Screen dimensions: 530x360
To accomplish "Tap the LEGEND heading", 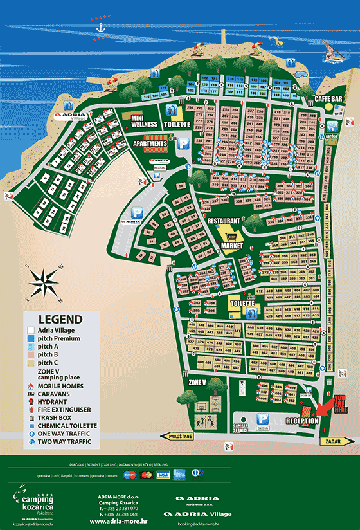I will (60, 319).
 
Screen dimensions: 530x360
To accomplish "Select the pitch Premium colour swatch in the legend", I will (31, 338).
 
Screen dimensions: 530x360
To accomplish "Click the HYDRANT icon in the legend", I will (31, 401).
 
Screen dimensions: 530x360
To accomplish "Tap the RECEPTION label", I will (302, 421).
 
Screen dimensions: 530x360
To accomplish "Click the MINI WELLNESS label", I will (145, 121).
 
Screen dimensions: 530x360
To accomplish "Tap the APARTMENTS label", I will (150, 143).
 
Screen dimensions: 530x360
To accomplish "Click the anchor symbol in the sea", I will (100, 26).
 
